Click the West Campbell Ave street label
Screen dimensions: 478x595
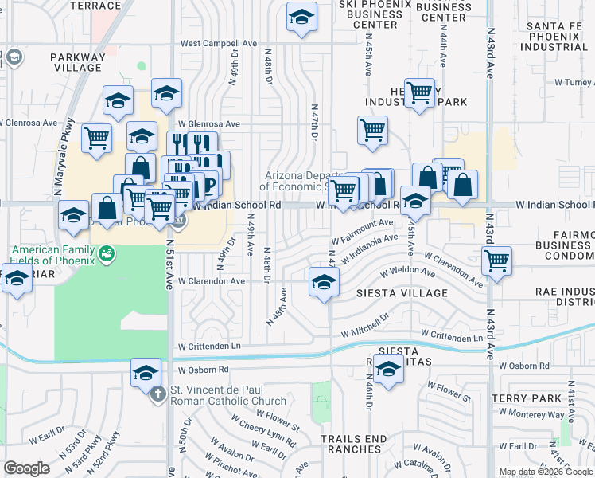[x=219, y=43]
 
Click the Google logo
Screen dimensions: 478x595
[x=26, y=468]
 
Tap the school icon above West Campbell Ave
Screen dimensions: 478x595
[x=301, y=17]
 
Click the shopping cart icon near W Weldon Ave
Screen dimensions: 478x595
[x=496, y=260]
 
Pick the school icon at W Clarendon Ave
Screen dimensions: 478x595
[x=323, y=282]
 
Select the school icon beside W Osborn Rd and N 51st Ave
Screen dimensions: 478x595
[x=146, y=373]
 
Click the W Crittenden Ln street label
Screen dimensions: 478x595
[x=209, y=347]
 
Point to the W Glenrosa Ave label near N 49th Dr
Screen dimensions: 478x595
[x=208, y=123]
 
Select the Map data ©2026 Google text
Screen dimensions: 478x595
[x=545, y=472]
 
